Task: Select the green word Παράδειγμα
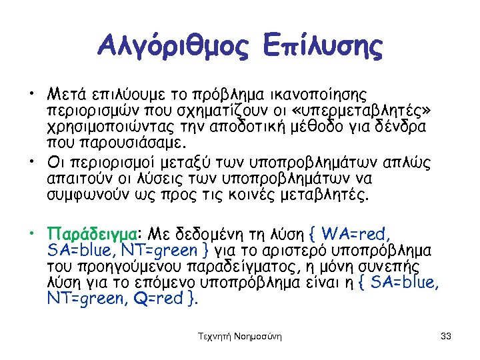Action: pyautogui.click(x=91, y=235)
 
